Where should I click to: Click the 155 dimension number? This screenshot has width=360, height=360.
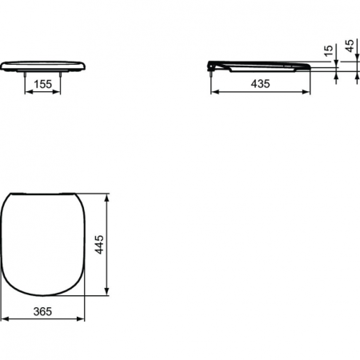pos(44,83)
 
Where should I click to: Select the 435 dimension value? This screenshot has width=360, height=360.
pos(260,83)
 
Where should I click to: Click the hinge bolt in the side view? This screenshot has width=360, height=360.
pos(212,70)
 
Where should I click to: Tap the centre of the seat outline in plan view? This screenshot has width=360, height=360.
pos(43,244)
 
